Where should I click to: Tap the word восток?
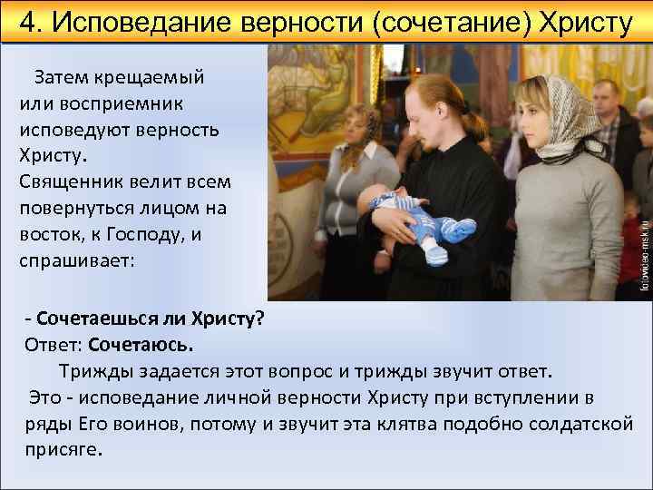[x=48, y=233]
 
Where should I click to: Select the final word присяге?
[x=64, y=450]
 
